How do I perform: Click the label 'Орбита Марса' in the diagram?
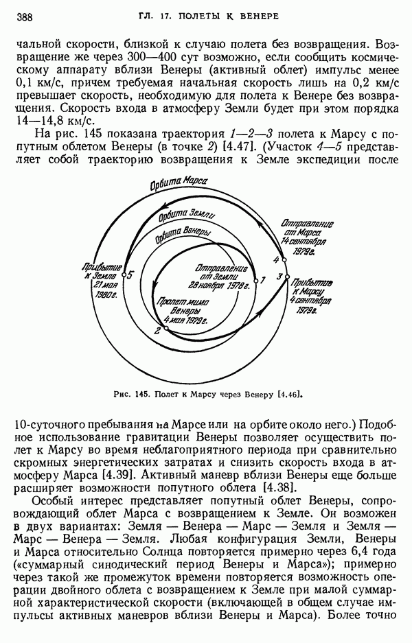(x=177, y=185)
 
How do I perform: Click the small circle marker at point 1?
(x=254, y=280)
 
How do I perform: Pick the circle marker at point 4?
(x=283, y=260)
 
